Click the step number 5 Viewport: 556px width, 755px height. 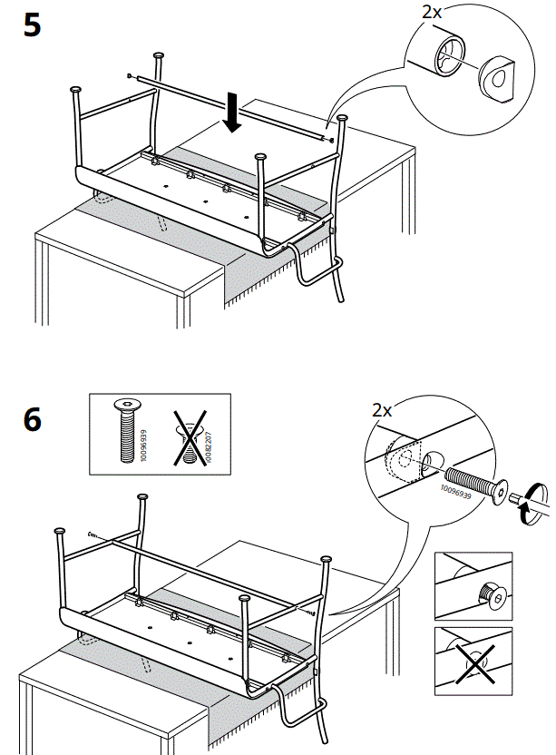click(x=32, y=25)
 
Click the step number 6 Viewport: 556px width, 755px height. click(x=32, y=419)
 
